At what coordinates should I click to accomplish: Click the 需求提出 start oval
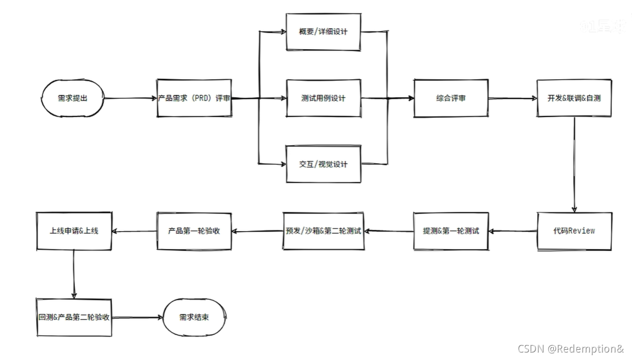click(x=72, y=98)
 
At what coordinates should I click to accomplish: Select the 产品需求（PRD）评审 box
click(x=194, y=98)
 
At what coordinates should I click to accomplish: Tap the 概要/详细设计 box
click(x=323, y=32)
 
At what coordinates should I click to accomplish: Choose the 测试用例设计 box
click(x=323, y=98)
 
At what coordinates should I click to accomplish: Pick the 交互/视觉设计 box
click(x=323, y=164)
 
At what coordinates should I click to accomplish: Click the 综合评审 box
click(x=451, y=98)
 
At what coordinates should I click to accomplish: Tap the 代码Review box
click(x=574, y=231)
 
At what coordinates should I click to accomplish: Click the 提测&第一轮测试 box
click(x=451, y=231)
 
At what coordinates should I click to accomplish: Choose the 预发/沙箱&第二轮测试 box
click(x=323, y=231)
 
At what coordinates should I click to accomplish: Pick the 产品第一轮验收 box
click(x=194, y=231)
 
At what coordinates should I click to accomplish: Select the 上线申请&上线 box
click(x=74, y=231)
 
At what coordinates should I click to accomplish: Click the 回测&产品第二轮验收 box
click(x=74, y=317)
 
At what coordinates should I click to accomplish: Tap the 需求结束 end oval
click(x=194, y=317)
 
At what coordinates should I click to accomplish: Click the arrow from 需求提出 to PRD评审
click(x=130, y=98)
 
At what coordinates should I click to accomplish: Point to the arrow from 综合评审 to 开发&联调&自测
click(x=513, y=98)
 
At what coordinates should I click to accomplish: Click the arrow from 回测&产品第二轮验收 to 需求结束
click(x=138, y=317)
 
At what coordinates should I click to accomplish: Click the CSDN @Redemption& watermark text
click(x=570, y=349)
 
